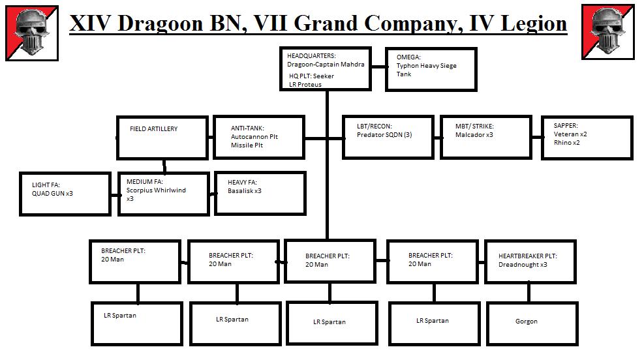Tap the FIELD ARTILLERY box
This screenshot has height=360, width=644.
162,137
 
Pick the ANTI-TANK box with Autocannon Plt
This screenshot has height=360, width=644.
259,137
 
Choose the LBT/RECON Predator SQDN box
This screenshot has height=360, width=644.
388,137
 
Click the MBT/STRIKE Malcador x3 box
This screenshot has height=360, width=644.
485,137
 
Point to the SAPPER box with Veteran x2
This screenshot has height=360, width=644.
587,137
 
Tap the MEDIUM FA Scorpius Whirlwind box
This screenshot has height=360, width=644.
163,194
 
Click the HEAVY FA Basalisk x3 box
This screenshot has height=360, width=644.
260,194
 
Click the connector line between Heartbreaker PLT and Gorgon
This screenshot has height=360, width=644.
529,293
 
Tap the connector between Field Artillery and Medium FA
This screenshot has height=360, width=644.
164,166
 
